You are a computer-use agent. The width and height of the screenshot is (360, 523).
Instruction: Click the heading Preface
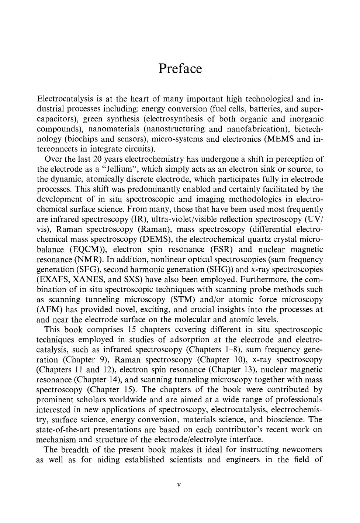tap(180, 69)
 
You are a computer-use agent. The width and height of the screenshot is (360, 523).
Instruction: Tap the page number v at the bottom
tap(179, 485)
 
